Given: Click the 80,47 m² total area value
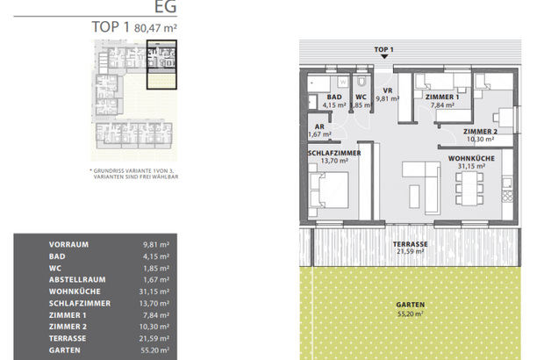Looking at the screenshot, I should click(155, 28).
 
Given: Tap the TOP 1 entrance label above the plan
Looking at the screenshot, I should click(383, 50).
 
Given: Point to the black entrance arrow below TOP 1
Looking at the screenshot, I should click(383, 58).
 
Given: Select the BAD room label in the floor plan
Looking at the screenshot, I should click(333, 98).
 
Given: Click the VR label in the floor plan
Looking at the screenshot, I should click(386, 90).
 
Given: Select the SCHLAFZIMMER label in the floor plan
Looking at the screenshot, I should click(334, 153).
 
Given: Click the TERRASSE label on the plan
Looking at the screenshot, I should click(410, 244).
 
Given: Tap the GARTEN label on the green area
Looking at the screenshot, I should click(410, 306).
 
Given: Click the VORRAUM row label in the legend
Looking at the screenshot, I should click(70, 245).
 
